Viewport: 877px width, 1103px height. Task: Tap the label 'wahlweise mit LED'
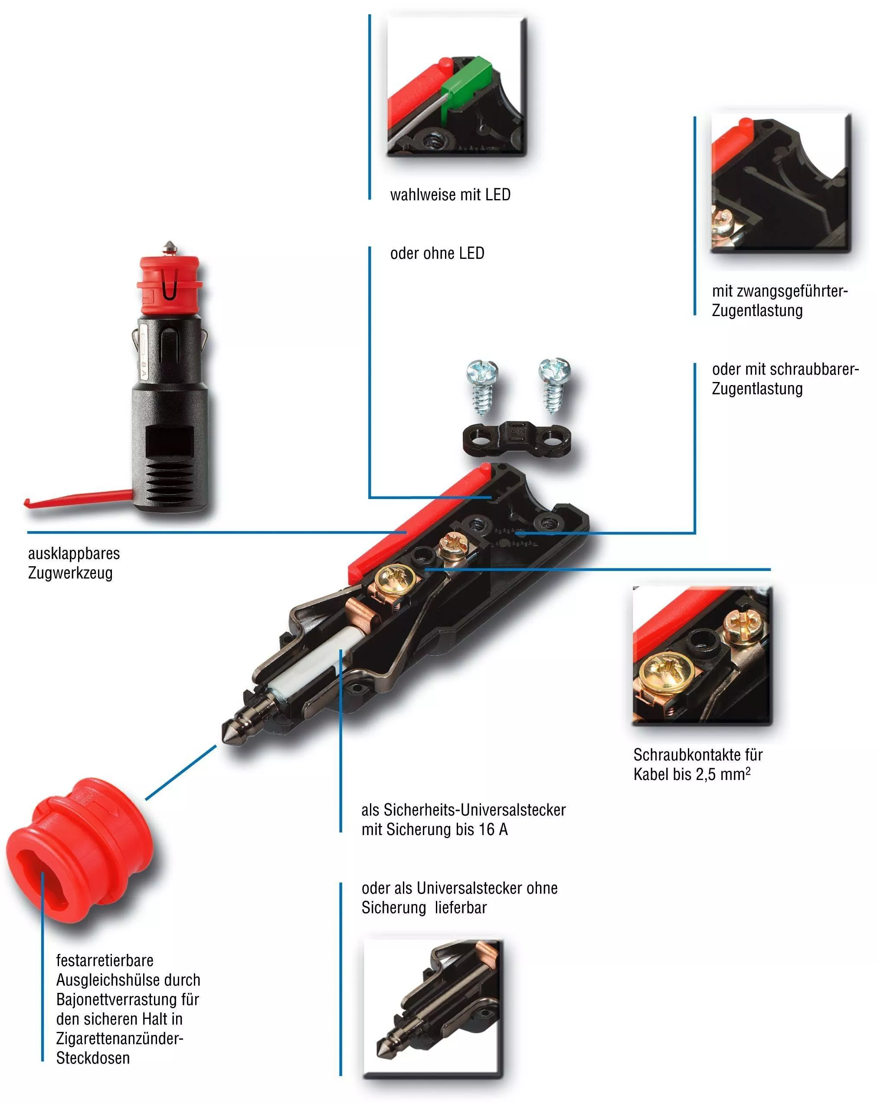(450, 195)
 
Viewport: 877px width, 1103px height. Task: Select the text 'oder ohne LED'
(437, 253)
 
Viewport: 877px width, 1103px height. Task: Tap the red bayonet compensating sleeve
(79, 849)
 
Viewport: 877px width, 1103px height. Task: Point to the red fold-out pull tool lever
(77, 498)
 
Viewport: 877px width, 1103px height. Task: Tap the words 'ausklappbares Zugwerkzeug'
(74, 563)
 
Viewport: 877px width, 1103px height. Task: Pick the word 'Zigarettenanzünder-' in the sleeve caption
(120, 1038)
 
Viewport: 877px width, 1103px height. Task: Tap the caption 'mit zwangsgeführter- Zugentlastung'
(779, 301)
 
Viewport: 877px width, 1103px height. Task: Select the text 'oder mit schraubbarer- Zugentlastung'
(784, 379)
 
